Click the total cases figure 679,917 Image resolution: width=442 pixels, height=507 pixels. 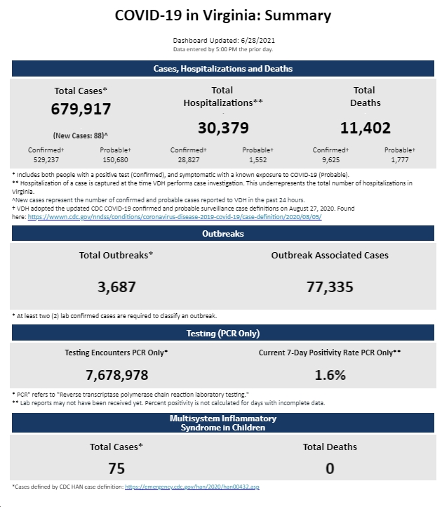[81, 109]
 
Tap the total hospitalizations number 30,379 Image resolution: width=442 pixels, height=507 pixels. [223, 128]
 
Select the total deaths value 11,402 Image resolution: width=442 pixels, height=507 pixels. [365, 128]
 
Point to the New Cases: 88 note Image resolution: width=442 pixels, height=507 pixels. [81, 136]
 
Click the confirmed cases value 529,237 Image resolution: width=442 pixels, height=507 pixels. [46, 159]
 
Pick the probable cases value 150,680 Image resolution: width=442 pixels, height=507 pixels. [115, 159]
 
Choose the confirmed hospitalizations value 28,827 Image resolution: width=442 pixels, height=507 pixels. [188, 159]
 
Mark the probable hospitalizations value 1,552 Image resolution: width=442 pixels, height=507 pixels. [258, 159]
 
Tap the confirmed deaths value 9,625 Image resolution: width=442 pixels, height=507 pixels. [330, 159]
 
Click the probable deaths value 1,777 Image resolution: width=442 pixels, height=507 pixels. [400, 159]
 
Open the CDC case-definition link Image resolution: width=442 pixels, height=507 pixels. [175, 217]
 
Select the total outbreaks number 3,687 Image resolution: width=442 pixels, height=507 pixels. [116, 287]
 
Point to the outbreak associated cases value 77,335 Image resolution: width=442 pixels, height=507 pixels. [330, 287]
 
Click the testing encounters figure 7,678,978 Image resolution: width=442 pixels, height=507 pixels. [116, 376]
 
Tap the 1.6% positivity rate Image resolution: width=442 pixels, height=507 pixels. [330, 376]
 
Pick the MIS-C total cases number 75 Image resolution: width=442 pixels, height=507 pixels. [116, 468]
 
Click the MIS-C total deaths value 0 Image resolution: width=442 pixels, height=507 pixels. [330, 468]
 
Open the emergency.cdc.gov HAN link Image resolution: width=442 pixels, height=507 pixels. [192, 487]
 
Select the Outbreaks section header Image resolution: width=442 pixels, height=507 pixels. [223, 233]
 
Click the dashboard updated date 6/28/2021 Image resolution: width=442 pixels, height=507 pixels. [258, 41]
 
